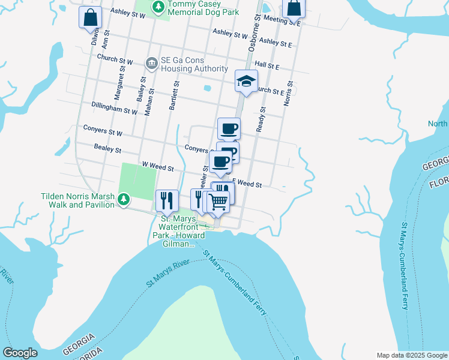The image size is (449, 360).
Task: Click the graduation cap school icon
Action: click(x=246, y=82)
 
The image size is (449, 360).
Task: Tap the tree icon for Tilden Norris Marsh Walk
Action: click(x=123, y=199)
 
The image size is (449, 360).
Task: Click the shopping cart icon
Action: click(x=218, y=203)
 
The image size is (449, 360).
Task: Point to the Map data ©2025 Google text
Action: click(x=411, y=355)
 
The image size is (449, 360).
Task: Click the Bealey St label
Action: click(x=108, y=148)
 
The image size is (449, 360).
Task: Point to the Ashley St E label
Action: click(x=276, y=43)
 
